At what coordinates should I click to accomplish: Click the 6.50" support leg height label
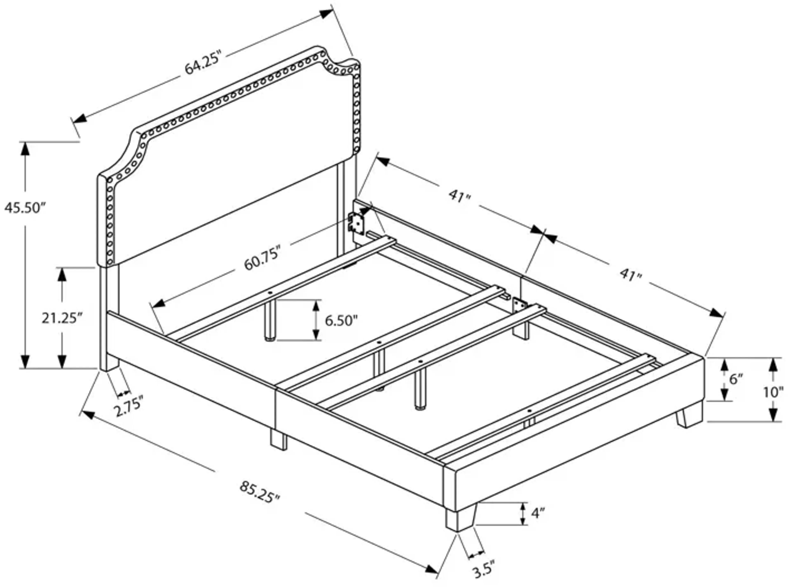(x=341, y=321)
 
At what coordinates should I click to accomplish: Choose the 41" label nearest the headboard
(x=459, y=196)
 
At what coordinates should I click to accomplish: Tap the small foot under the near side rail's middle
(x=278, y=439)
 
